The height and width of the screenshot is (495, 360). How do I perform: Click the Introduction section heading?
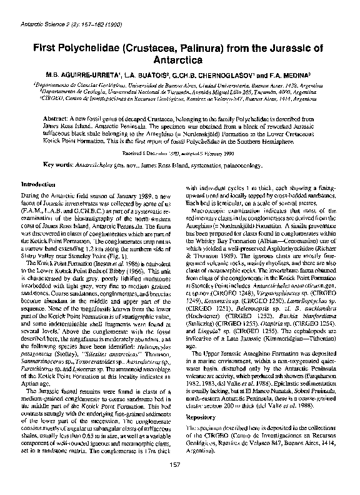(x=42, y=185)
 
